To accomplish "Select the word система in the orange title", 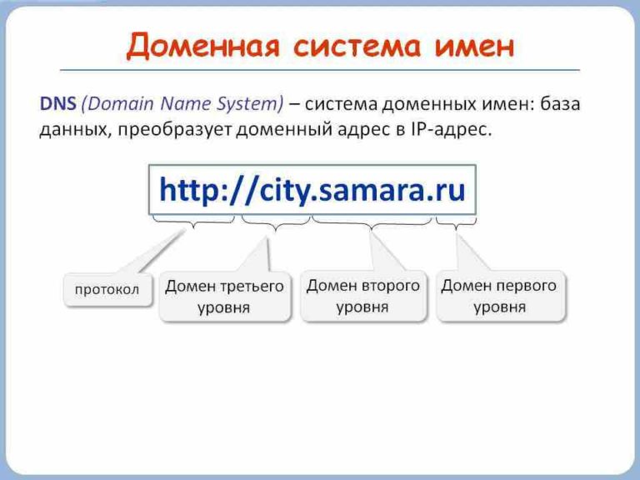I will (x=360, y=47).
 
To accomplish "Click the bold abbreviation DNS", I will (x=57, y=104).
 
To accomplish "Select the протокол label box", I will (x=107, y=290).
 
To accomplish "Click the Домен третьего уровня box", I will (x=224, y=297).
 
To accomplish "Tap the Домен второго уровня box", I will (x=362, y=296).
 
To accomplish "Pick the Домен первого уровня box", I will (x=499, y=296).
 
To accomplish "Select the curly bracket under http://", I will (x=193, y=223).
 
